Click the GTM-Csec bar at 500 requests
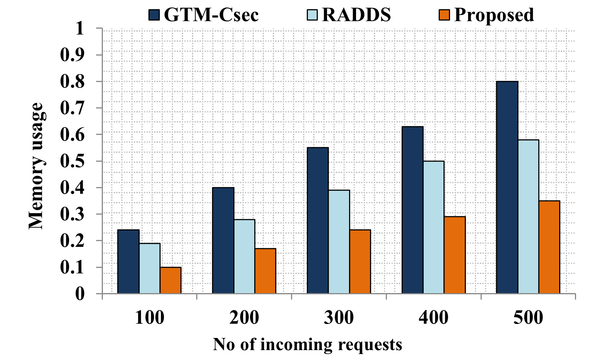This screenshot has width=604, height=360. click(507, 187)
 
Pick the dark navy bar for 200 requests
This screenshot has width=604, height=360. click(223, 241)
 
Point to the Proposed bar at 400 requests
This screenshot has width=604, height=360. click(454, 255)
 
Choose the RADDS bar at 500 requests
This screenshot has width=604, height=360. click(528, 217)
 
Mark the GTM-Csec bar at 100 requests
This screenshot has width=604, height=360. click(128, 262)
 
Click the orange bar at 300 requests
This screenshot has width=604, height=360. click(360, 262)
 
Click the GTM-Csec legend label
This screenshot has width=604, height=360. click(211, 15)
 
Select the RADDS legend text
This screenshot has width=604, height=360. click(356, 15)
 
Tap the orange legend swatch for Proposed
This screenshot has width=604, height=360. click(444, 15)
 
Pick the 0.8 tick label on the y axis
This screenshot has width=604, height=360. click(72, 82)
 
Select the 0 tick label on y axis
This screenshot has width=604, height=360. click(80, 294)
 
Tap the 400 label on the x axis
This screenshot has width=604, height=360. click(434, 318)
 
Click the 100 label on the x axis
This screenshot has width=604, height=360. click(150, 318)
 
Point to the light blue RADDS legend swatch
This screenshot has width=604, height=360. click(312, 15)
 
